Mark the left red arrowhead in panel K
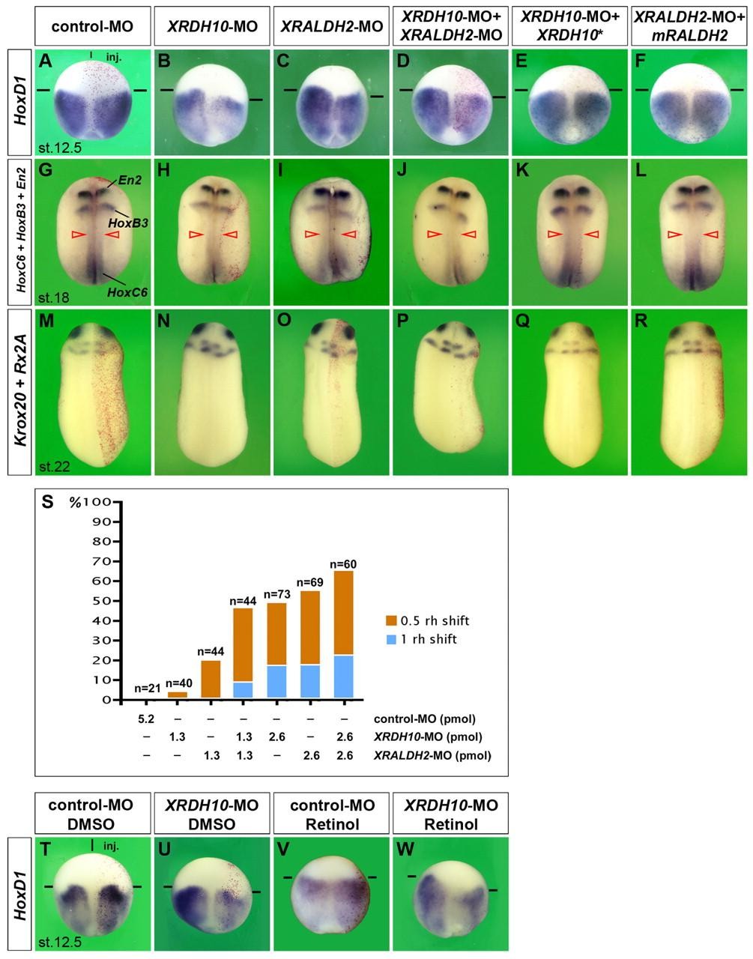pos(555,235)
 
